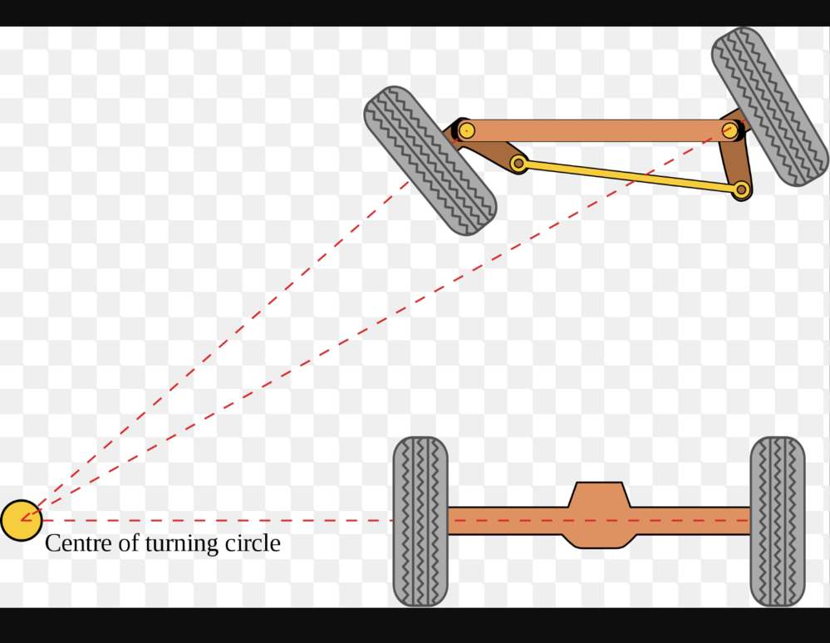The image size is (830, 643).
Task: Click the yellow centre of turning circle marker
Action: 21,520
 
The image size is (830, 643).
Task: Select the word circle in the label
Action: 253,543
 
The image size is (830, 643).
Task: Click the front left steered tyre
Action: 430,160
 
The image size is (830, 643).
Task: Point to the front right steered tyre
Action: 770,106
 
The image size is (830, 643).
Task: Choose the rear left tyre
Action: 420,521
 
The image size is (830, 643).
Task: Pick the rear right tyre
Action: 778,521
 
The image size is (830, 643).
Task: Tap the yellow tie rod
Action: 630,176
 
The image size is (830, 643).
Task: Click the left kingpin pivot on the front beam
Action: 466,130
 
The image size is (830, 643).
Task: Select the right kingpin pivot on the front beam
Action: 730,130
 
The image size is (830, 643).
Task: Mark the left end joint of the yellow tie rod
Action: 518,164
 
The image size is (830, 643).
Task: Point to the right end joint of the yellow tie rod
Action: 741,189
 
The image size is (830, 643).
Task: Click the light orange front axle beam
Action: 598,130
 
